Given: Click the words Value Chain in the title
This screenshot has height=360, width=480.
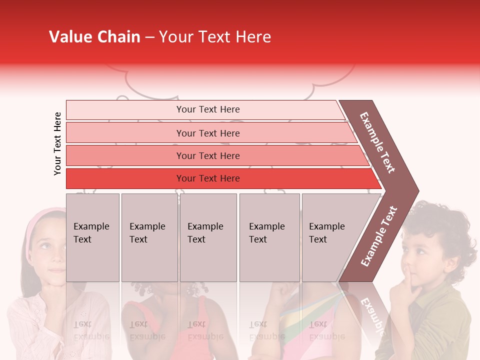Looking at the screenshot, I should (94, 37).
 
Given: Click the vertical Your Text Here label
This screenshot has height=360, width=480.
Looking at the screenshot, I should (57, 143).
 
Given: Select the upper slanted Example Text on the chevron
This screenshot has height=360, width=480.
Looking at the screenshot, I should (378, 142).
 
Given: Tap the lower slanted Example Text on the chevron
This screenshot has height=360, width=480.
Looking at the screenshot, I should (379, 236).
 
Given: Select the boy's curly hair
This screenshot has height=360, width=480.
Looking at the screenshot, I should (440, 220).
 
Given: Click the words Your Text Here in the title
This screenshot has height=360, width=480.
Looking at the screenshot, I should (215, 37).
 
